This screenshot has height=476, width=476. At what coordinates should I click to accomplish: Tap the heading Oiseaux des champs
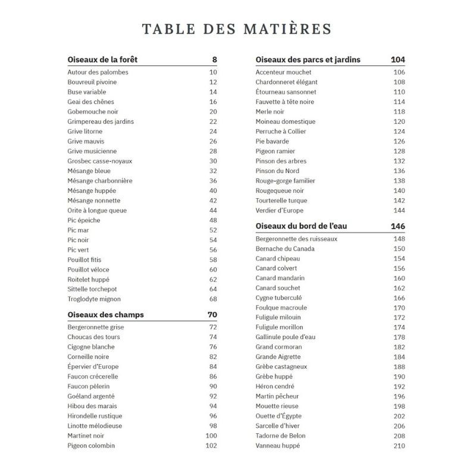106,315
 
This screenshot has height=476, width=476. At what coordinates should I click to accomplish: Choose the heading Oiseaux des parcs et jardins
308,59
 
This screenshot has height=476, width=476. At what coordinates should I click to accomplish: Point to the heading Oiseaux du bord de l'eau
305,226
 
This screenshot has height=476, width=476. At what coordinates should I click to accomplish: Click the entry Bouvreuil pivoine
92,82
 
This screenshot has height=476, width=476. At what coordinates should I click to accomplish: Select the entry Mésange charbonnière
100,181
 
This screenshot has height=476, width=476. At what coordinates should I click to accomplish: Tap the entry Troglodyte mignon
94,299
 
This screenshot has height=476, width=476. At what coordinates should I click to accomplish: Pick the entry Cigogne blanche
91,347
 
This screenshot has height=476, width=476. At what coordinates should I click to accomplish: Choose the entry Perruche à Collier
281,131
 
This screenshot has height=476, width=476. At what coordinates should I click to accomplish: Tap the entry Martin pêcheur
277,396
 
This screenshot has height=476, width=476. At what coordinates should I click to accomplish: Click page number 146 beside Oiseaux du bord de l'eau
398,226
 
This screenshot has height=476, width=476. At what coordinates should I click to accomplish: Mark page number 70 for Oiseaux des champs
212,315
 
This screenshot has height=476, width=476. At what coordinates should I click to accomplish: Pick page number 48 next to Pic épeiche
213,220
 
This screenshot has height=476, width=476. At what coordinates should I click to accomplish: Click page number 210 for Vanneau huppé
399,446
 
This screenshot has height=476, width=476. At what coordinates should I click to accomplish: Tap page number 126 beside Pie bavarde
399,142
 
